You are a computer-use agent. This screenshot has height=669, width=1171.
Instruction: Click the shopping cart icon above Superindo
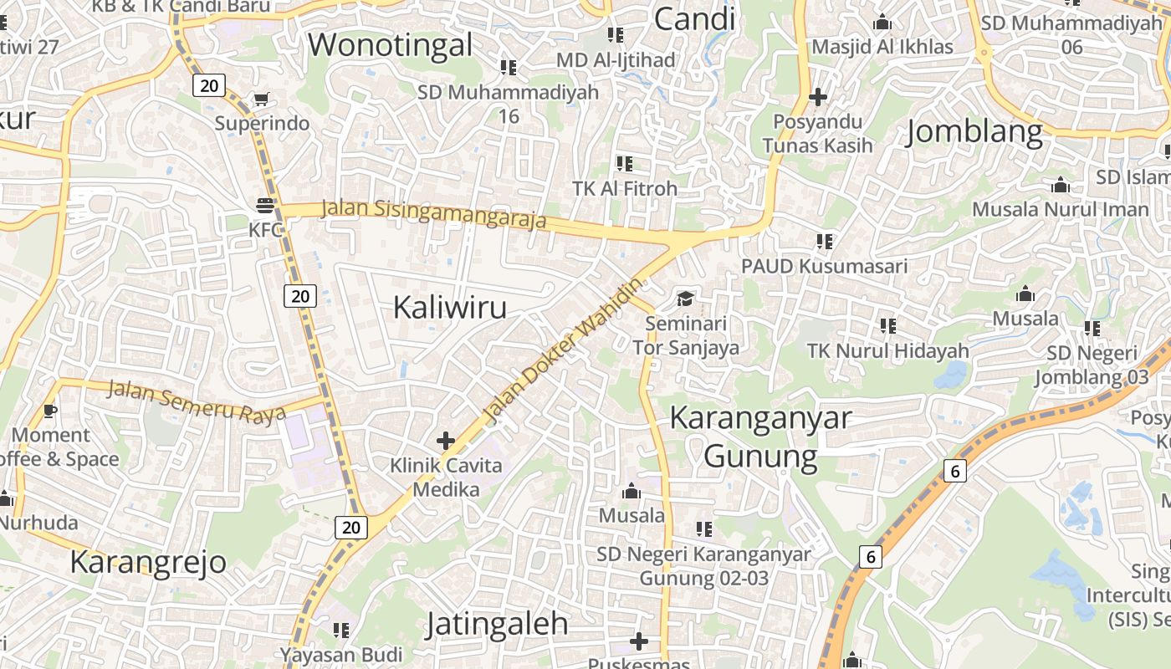(261, 100)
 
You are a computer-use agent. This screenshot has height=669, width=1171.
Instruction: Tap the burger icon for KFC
(266, 205)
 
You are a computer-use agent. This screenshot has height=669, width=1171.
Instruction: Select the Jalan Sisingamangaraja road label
(433, 214)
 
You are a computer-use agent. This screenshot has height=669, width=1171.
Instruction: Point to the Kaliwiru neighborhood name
(450, 308)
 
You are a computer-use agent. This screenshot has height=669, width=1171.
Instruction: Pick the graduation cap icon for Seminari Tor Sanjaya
(686, 299)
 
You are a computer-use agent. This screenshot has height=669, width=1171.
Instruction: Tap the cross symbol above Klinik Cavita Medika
(446, 440)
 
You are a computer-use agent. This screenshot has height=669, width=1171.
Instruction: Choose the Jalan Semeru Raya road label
(197, 401)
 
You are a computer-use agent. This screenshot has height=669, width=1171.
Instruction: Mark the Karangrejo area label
(148, 562)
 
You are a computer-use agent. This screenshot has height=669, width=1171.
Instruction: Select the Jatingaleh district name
(497, 624)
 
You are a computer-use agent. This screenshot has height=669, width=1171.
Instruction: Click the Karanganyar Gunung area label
(760, 437)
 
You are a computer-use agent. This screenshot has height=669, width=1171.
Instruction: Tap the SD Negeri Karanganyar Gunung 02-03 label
(703, 565)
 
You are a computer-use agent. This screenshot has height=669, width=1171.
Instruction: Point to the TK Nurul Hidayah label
(888, 351)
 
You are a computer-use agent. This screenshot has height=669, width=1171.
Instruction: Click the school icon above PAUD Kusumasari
(825, 242)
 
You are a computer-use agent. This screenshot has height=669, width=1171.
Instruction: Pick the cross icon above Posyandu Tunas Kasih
(818, 97)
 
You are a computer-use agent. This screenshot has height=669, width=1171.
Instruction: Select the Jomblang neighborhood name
(974, 132)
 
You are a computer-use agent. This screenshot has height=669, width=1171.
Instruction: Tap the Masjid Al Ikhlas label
(882, 47)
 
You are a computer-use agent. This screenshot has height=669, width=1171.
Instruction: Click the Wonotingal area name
(391, 44)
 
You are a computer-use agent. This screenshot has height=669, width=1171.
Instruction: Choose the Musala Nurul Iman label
(1061, 209)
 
